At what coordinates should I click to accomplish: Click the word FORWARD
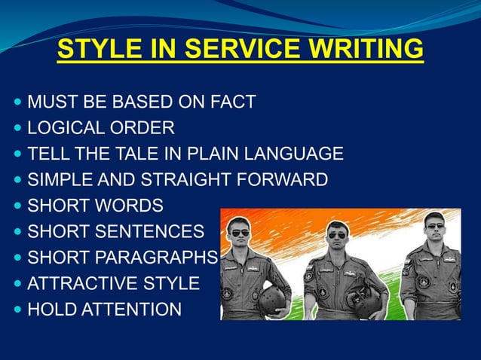click(290, 180)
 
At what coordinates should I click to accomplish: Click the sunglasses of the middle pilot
click(337, 235)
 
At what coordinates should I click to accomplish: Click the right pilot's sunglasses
click(436, 225)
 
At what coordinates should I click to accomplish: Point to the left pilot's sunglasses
click(239, 233)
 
